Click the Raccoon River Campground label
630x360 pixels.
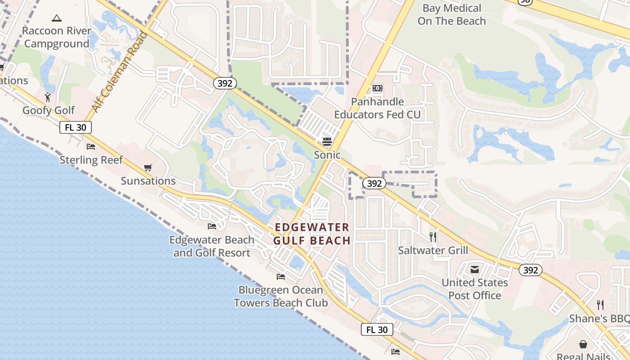57,37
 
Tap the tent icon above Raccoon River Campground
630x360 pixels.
56,18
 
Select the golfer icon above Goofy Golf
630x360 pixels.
48,97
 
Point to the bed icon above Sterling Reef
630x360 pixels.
91,147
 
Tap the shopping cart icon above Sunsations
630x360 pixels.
148,168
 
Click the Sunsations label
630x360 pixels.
148,181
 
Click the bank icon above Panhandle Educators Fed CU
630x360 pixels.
378,88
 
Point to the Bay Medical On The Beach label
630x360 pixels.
452,14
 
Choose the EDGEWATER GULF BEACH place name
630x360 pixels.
312,234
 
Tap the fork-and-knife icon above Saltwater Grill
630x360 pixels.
433,237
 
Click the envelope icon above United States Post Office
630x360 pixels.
475,270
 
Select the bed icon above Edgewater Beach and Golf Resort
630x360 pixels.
211,226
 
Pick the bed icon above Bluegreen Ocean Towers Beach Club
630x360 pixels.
281,276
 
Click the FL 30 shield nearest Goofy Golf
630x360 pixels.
76,127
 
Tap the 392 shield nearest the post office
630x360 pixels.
531,270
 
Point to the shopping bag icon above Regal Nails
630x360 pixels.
583,344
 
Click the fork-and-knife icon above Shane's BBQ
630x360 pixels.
600,305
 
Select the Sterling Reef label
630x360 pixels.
91,160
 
